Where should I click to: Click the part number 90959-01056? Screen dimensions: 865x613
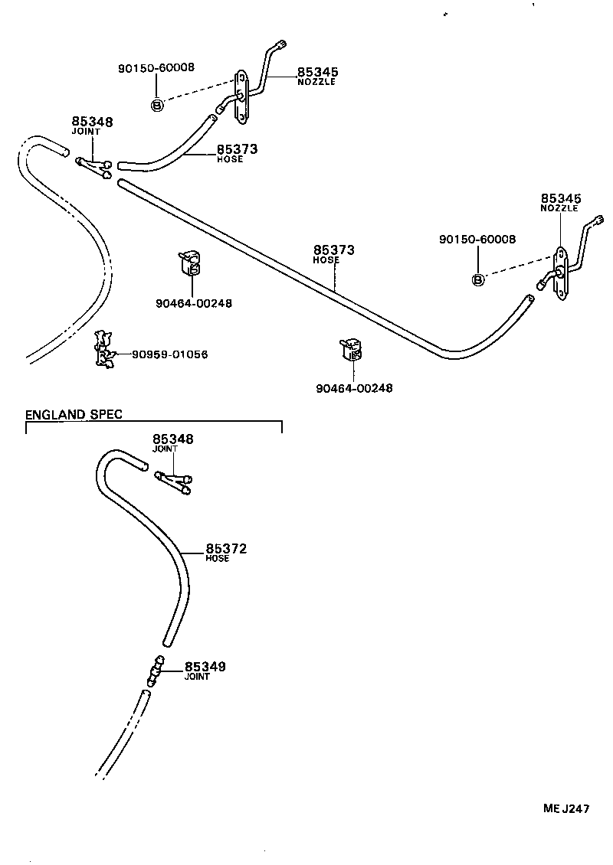pyautogui.click(x=169, y=354)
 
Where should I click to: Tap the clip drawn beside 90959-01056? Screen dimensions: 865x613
pyautogui.click(x=103, y=350)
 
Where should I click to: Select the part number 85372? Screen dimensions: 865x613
pyautogui.click(x=226, y=549)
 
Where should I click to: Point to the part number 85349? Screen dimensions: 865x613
pyautogui.click(x=205, y=668)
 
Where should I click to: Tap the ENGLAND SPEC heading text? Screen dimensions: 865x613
pyautogui.click(x=74, y=414)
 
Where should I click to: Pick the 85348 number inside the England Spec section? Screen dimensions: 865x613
pyautogui.click(x=173, y=439)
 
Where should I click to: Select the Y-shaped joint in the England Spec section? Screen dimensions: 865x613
pyautogui.click(x=175, y=482)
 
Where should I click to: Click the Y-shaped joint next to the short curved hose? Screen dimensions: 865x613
pyautogui.click(x=95, y=166)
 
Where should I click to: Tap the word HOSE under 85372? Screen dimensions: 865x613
pyautogui.click(x=218, y=559)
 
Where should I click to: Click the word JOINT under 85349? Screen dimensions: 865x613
pyautogui.click(x=197, y=677)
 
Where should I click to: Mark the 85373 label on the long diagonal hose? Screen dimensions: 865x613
pyautogui.click(x=334, y=250)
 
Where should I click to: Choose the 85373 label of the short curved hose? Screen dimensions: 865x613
pyautogui.click(x=237, y=149)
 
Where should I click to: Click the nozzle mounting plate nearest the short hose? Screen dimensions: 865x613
pyautogui.click(x=241, y=96)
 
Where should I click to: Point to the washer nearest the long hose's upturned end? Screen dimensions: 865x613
pyautogui.click(x=477, y=280)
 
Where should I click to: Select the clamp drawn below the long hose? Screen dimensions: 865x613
pyautogui.click(x=352, y=351)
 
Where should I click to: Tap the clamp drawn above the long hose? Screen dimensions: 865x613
pyautogui.click(x=192, y=264)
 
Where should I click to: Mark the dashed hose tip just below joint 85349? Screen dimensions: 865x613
pyautogui.click(x=144, y=694)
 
